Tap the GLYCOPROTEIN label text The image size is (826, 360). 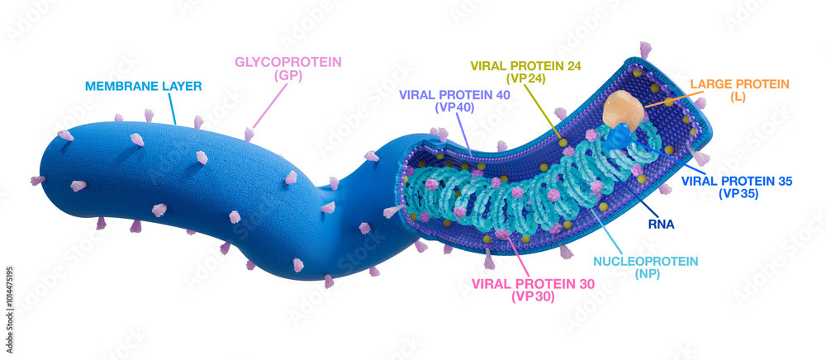tap(288, 62)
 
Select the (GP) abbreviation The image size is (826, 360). tap(288, 75)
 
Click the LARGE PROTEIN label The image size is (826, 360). tap(740, 84)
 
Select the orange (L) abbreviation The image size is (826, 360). tap(739, 97)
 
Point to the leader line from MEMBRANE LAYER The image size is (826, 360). tap(171, 108)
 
